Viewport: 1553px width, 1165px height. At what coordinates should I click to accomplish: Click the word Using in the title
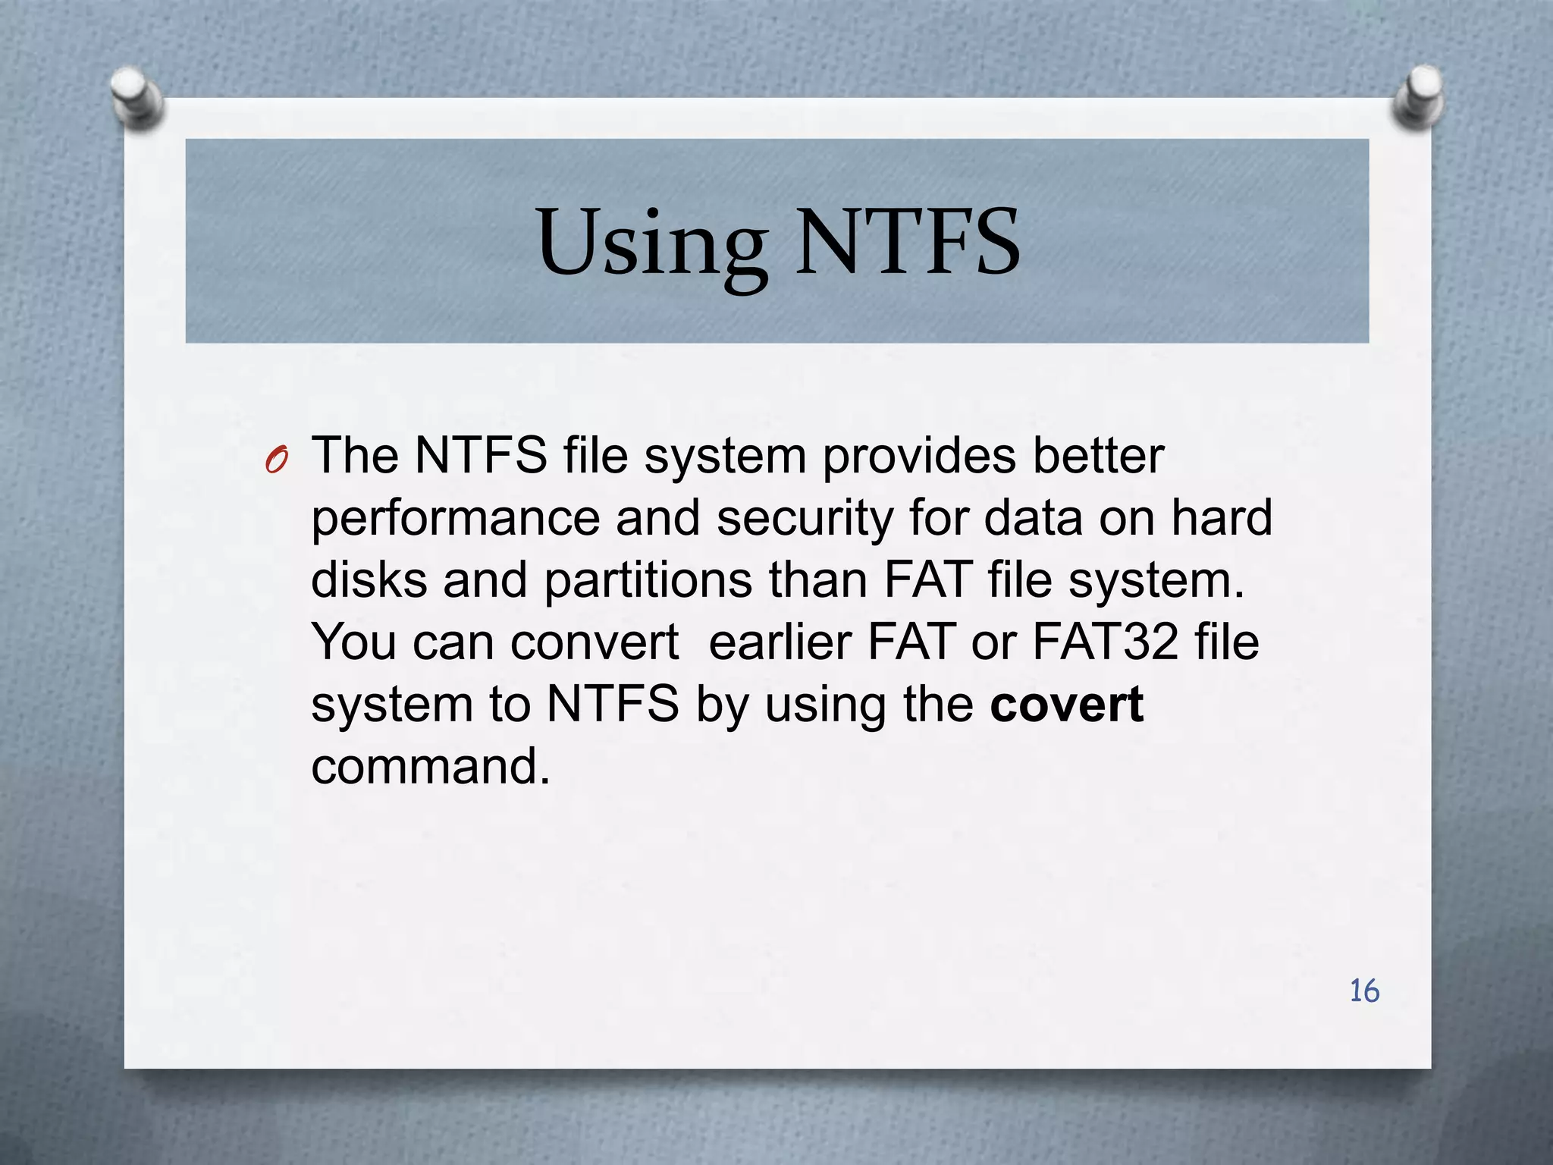coord(651,244)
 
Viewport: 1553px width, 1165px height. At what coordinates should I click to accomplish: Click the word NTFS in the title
coord(907,243)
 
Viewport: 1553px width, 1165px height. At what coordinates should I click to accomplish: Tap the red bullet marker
coord(277,460)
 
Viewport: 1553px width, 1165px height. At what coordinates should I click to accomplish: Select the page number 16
coord(1364,991)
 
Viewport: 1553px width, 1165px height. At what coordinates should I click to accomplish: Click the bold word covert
coord(1066,705)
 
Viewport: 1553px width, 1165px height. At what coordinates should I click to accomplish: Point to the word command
coord(430,767)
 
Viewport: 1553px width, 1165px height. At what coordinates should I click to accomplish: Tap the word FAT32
coord(1105,642)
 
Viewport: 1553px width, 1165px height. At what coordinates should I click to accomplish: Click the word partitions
coord(648,581)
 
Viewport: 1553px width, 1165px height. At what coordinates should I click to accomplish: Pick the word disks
coord(369,581)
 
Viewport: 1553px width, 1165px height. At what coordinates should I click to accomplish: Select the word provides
coord(918,457)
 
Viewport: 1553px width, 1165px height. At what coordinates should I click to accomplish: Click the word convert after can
coord(595,642)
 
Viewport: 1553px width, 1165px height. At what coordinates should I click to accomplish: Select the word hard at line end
coord(1221,519)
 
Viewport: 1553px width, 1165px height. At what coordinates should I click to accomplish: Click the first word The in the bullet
coord(355,457)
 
